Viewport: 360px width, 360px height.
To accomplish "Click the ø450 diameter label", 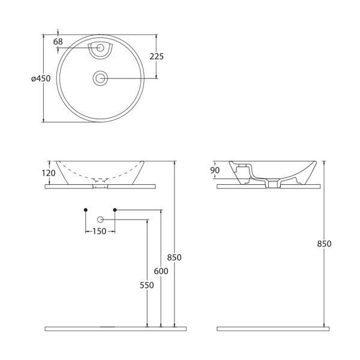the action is pyautogui.click(x=41, y=79).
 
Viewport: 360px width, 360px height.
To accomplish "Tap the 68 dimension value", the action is pyautogui.click(x=58, y=42).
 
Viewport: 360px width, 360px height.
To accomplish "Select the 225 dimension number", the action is pyautogui.click(x=157, y=56).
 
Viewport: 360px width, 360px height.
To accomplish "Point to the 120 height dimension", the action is pyautogui.click(x=49, y=173).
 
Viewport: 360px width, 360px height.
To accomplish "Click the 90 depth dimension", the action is pyautogui.click(x=215, y=170).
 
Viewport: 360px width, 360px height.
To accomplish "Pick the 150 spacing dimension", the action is pyautogui.click(x=100, y=231).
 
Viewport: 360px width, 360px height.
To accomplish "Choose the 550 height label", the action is pyautogui.click(x=147, y=285).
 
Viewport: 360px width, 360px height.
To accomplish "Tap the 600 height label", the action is pyautogui.click(x=161, y=271).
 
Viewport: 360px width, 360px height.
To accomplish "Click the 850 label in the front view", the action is pyautogui.click(x=174, y=257).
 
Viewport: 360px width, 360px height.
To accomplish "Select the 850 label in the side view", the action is pyautogui.click(x=324, y=244).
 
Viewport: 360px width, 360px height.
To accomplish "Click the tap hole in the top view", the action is pyautogui.click(x=100, y=48).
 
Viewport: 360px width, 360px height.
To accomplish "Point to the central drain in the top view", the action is pyautogui.click(x=100, y=78).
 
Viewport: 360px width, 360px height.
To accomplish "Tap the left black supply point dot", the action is pyautogui.click(x=86, y=210).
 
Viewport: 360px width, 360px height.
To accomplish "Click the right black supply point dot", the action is pyautogui.click(x=115, y=210).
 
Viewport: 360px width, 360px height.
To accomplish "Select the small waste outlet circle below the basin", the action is pyautogui.click(x=100, y=220).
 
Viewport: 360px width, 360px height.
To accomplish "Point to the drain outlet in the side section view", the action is pyautogui.click(x=273, y=184).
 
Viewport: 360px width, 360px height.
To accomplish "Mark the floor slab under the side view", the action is pyautogui.click(x=273, y=329).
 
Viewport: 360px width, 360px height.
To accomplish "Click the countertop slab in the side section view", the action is pyautogui.click(x=269, y=187).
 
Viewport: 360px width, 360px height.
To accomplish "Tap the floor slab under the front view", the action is pyautogui.click(x=115, y=329).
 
